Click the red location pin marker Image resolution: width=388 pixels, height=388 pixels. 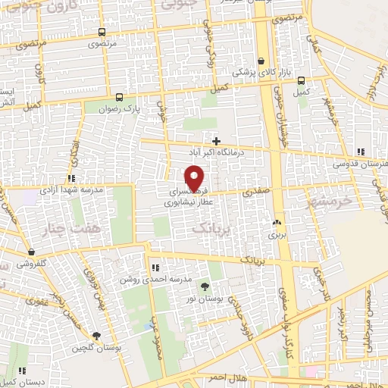pos(195,177)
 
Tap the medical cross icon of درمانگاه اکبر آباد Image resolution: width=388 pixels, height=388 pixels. pos(217,141)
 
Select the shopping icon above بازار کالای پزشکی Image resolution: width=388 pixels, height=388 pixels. pos(261,61)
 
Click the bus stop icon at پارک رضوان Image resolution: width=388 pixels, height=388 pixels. pos(118,97)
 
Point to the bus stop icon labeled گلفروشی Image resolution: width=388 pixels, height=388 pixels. pos(31,252)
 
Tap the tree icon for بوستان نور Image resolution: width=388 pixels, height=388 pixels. pos(205,286)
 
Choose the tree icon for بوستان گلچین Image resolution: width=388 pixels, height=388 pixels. pos(95,336)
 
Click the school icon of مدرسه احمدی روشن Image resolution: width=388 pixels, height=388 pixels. pos(155,268)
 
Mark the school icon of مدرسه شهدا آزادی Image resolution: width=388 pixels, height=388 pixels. pos(71,177)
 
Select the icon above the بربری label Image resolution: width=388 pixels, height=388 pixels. pos(276,224)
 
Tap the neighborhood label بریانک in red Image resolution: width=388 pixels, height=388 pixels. pos(210,227)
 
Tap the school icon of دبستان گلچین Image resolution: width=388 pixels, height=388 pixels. pos(22,371)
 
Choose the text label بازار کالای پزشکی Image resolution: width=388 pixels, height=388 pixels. pos(244,73)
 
